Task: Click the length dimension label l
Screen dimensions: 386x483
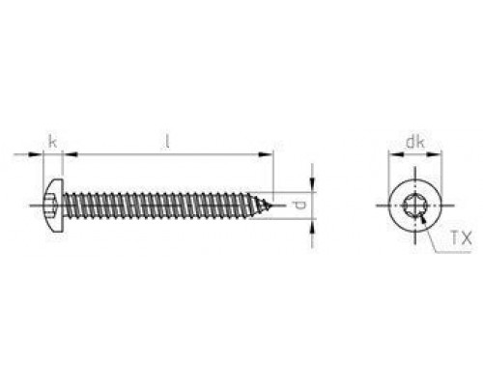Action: point(168,141)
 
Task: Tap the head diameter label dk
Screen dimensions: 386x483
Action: point(413,142)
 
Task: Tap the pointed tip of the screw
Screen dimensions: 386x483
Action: point(275,205)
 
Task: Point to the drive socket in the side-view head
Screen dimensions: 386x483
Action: point(50,205)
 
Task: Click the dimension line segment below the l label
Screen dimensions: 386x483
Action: point(168,154)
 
